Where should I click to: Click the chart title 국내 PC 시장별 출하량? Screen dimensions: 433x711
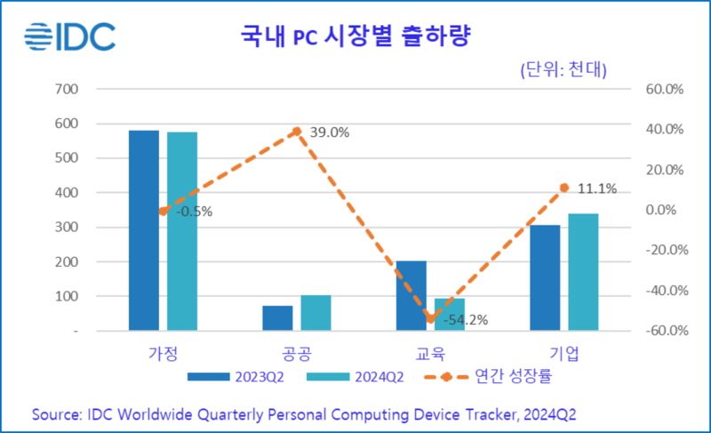[355, 37]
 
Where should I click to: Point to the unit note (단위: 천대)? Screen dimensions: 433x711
[563, 71]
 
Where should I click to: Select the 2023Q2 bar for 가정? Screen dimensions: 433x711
[144, 230]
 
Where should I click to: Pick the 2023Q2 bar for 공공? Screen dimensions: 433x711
[277, 317]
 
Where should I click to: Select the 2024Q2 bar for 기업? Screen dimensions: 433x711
[583, 271]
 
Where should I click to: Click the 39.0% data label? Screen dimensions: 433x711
[329, 132]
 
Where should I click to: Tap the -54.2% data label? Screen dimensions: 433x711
[466, 320]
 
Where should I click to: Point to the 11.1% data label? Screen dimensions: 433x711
[595, 188]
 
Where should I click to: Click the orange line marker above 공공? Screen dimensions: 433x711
[297, 132]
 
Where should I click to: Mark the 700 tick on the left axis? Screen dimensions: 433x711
[68, 89]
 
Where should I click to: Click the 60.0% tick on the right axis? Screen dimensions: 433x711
[663, 89]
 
